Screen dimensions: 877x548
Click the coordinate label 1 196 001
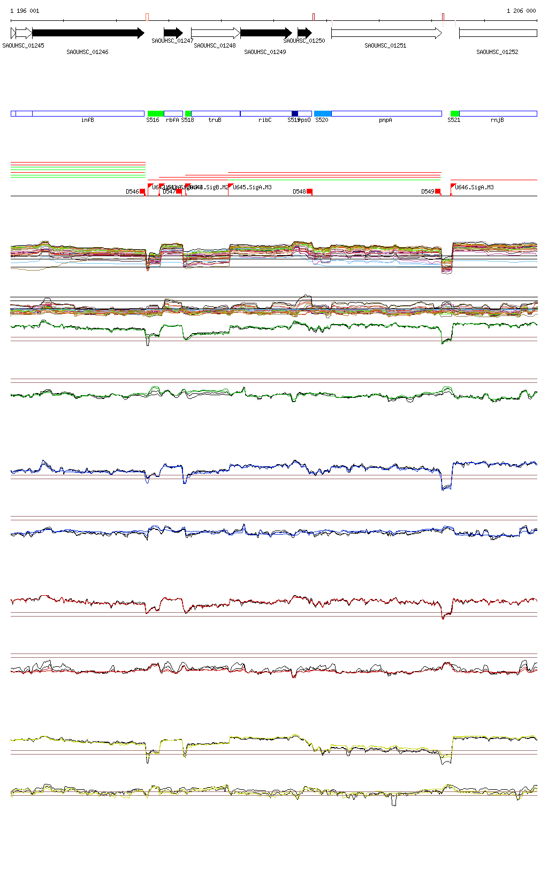click(x=25, y=11)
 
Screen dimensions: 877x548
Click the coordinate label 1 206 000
click(x=521, y=11)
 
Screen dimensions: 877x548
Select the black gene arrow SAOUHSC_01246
click(x=88, y=33)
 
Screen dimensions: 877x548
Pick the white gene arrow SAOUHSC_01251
click(x=386, y=33)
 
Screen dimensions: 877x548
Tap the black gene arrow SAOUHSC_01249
click(x=265, y=33)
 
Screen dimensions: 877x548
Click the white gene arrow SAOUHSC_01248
click(x=215, y=33)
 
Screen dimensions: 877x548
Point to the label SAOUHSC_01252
click(x=497, y=52)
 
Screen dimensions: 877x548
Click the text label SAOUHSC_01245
click(x=23, y=45)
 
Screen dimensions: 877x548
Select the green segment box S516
click(x=155, y=113)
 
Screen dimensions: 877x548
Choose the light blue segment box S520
click(x=323, y=113)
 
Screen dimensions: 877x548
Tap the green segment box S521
click(x=455, y=113)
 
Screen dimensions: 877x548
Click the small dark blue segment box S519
click(x=295, y=113)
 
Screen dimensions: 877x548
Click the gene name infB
click(x=88, y=120)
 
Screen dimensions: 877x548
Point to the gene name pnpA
click(x=385, y=120)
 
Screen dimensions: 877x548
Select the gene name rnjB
click(x=497, y=120)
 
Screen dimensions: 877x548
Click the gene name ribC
click(x=265, y=120)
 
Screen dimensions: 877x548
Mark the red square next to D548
click(x=309, y=191)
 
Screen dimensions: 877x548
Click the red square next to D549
click(x=438, y=191)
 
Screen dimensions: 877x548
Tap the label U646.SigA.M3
click(x=474, y=187)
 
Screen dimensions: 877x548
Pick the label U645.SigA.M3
click(x=252, y=187)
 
